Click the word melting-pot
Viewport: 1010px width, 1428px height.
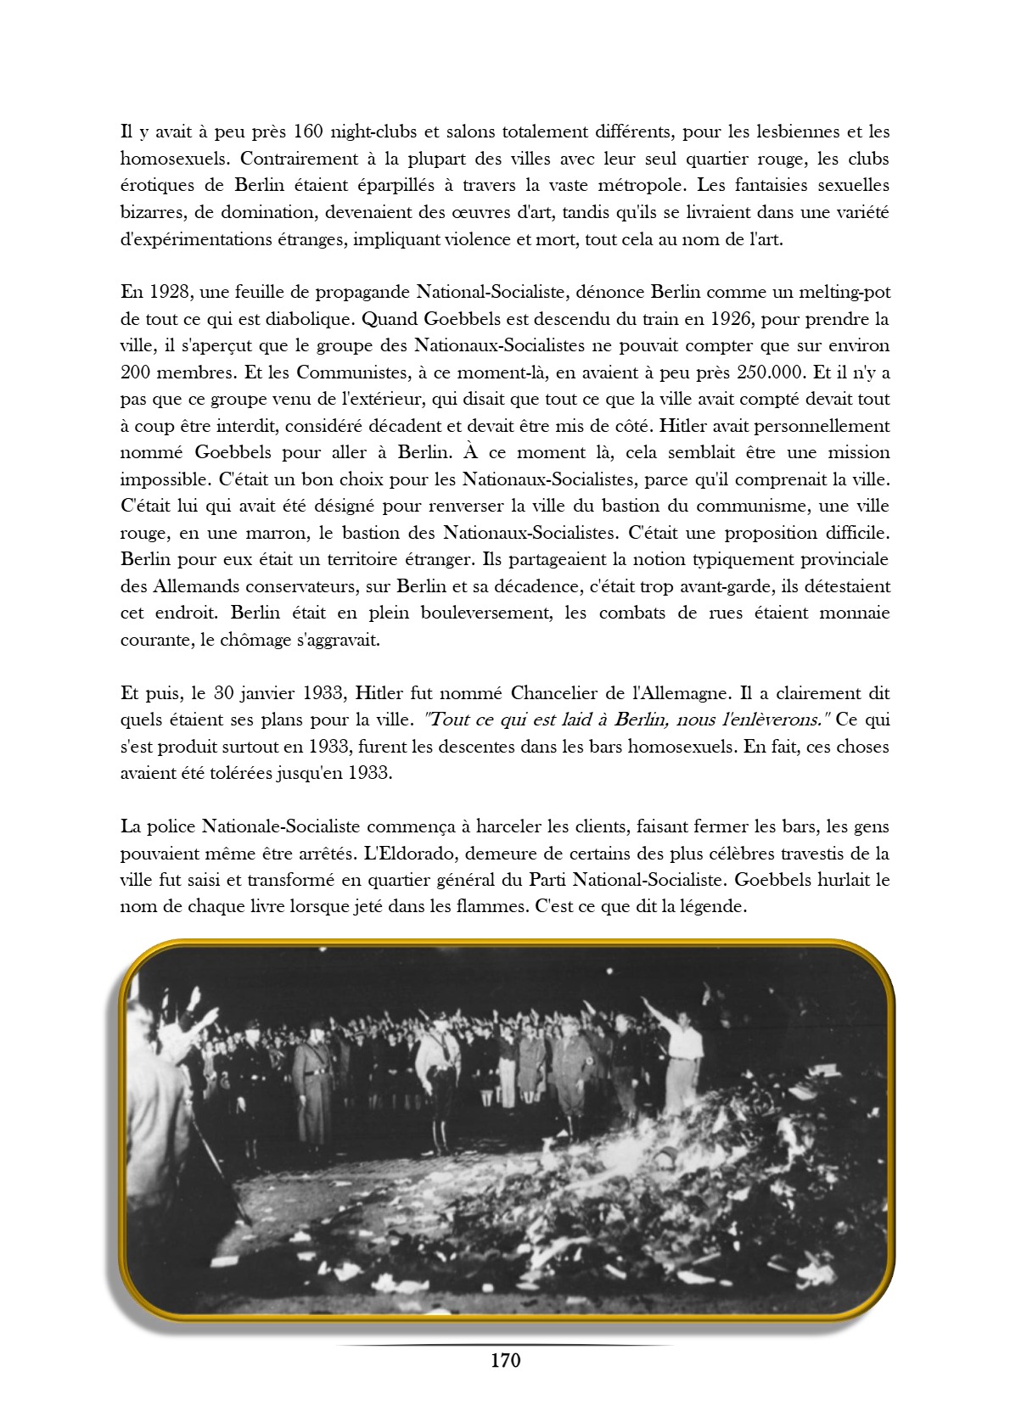pyautogui.click(x=840, y=293)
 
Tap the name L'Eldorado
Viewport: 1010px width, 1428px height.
pyautogui.click(x=407, y=853)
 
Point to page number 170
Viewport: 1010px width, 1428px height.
pyautogui.click(x=505, y=1360)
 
